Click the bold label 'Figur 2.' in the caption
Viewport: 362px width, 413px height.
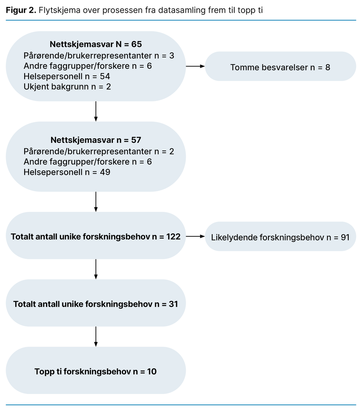[x=21, y=10]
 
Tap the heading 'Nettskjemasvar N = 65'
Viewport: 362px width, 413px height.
[x=96, y=44]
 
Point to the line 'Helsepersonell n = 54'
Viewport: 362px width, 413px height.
[x=67, y=76]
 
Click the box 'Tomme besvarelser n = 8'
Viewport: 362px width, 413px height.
[x=280, y=67]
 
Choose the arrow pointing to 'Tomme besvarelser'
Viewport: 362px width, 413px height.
[x=195, y=67]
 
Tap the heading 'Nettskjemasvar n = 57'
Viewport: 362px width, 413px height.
[x=96, y=140]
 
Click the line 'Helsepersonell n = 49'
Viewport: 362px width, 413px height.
[x=67, y=172]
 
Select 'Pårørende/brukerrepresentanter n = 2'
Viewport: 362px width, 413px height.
[x=99, y=151]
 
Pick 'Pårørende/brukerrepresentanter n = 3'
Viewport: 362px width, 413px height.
[x=99, y=55]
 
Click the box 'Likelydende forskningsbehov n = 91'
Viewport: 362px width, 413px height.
[x=280, y=237]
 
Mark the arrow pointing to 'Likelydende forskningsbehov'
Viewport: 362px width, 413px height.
[x=195, y=236]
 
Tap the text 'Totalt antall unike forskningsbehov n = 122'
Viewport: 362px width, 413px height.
[x=96, y=236]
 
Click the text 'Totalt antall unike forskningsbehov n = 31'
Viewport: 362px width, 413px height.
[x=96, y=304]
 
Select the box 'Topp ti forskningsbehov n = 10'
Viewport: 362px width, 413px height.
[x=96, y=371]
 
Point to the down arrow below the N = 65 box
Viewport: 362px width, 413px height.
[x=96, y=111]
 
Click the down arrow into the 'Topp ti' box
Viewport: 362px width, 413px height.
[x=96, y=336]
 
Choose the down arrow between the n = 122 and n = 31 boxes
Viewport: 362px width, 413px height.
[x=96, y=269]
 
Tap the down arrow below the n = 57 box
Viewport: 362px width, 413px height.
[x=96, y=202]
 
